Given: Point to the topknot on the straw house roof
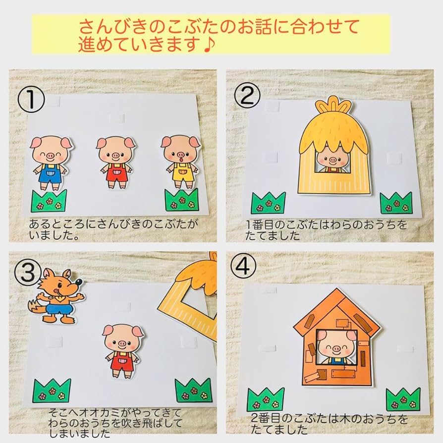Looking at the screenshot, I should click(x=333, y=107).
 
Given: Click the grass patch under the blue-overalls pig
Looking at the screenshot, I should click(x=49, y=201).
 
